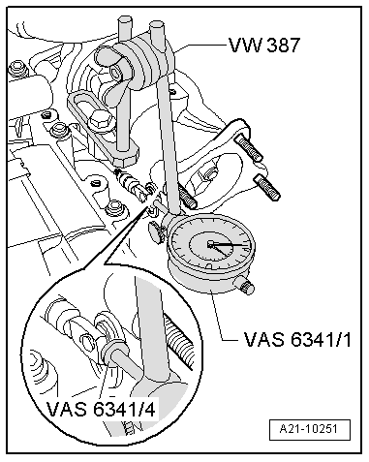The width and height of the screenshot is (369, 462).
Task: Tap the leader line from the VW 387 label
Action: coord(199,44)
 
